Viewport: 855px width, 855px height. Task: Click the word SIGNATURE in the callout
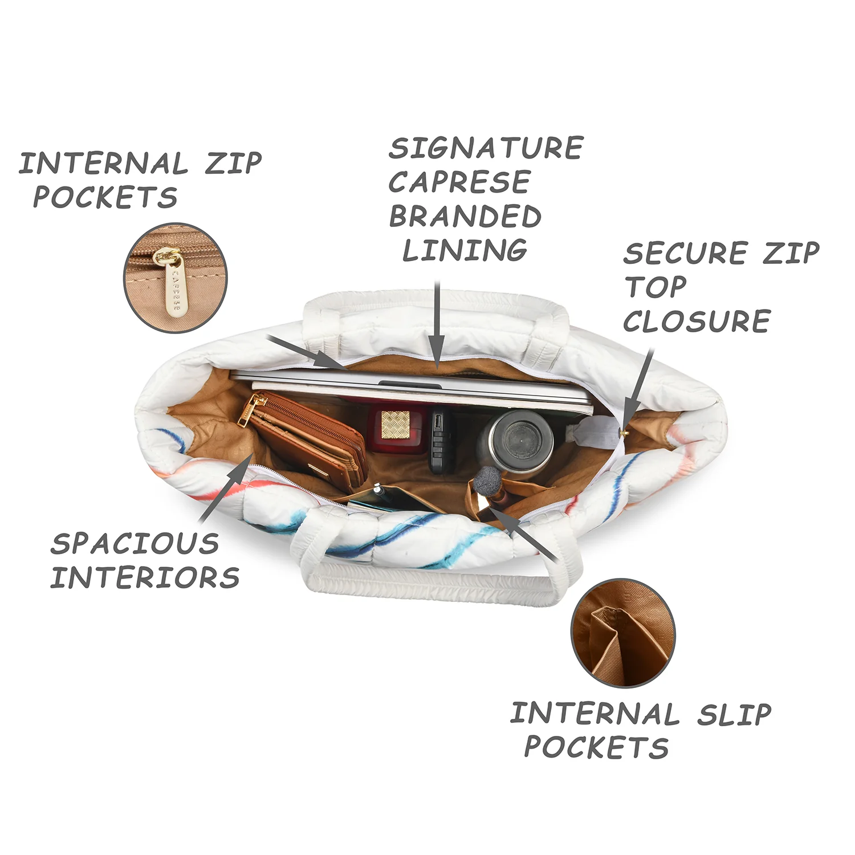[x=486, y=148]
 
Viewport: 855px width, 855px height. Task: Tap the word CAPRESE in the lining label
[x=459, y=182]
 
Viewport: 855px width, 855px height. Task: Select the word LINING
[x=465, y=250]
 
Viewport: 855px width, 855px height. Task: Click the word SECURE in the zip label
[x=685, y=253]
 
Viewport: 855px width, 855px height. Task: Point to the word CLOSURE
[x=697, y=321]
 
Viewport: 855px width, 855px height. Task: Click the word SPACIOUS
[x=135, y=543]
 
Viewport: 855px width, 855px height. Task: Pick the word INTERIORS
[x=145, y=577]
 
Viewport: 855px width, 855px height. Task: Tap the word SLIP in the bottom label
[x=734, y=714]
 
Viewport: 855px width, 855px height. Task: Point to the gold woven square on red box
[x=396, y=424]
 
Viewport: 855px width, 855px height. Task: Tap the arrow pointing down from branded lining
[x=437, y=324]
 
